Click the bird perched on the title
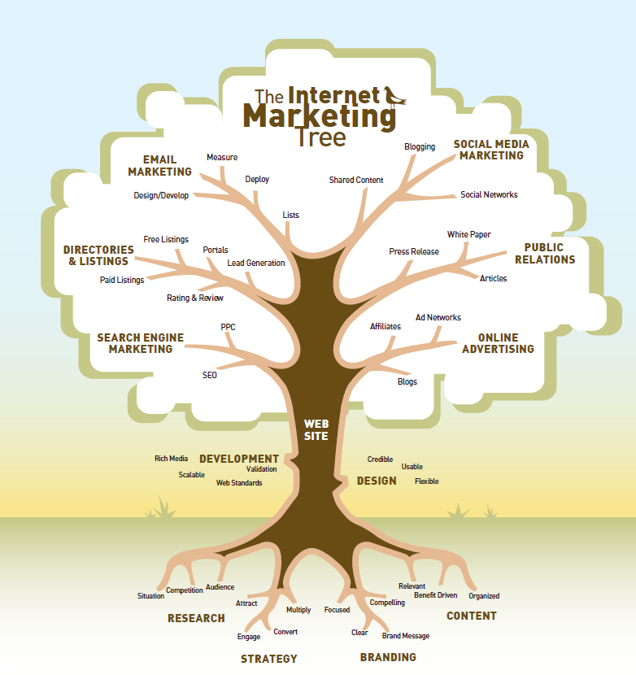point(396,95)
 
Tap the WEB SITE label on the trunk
point(316,430)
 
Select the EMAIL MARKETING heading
point(159,166)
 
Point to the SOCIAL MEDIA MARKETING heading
point(491,150)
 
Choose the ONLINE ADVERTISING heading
point(499,343)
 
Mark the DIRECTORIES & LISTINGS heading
point(98,255)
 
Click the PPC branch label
point(228,327)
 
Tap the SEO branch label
point(210,376)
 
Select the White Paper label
point(468,235)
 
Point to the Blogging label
point(420,147)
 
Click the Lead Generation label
point(256,263)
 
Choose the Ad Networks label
point(438,318)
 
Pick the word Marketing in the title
point(320,115)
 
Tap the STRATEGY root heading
point(268,659)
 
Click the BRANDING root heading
point(388,657)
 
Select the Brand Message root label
point(406,636)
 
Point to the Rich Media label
point(172,459)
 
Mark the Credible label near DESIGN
point(380,459)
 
